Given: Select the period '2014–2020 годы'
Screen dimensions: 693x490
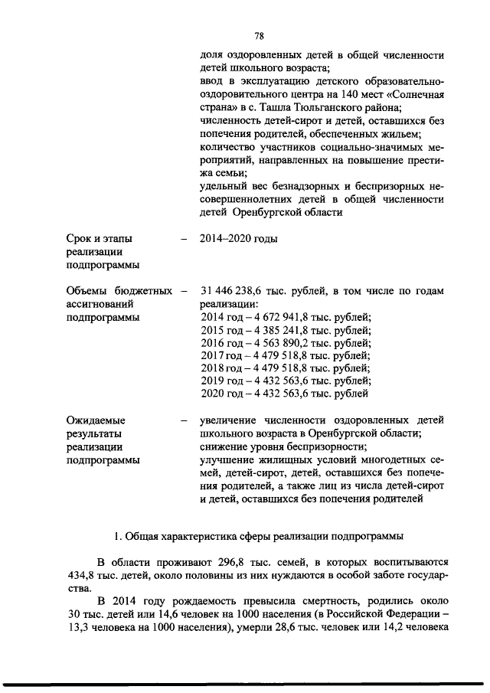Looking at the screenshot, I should point(237,238).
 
